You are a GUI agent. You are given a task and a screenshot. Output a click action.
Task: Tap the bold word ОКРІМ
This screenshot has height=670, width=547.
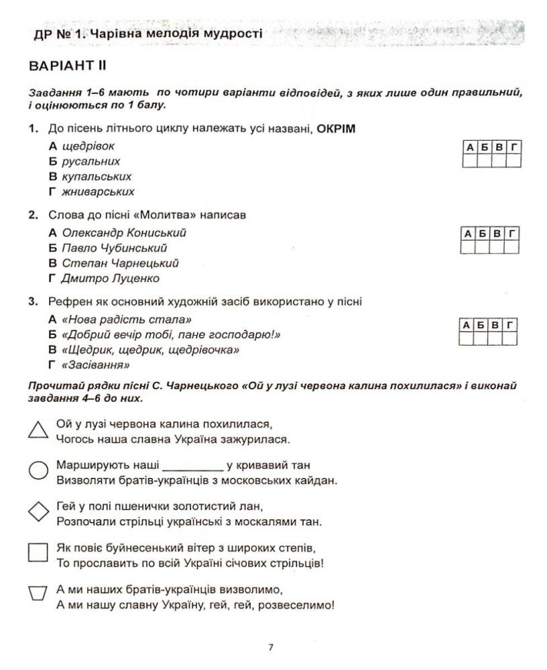tap(337, 129)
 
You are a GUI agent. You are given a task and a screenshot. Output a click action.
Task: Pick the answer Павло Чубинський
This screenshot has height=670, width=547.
tap(114, 249)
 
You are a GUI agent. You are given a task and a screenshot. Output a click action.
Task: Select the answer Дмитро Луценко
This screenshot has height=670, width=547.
tap(111, 279)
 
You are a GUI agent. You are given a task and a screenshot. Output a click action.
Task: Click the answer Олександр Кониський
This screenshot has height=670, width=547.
tap(123, 233)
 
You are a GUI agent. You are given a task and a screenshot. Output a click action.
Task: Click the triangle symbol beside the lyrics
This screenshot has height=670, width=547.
tap(38, 430)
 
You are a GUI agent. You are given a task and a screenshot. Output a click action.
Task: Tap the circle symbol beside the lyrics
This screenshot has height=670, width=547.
tap(38, 471)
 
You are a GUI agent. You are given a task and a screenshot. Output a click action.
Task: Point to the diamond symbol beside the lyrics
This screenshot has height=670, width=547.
tap(38, 513)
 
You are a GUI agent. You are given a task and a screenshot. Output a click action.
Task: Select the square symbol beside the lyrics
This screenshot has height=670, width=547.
tap(38, 552)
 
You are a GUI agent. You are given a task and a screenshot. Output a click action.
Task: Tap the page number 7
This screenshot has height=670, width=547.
tap(271, 647)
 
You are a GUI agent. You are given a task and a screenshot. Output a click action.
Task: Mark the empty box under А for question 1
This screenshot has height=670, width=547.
tap(470, 161)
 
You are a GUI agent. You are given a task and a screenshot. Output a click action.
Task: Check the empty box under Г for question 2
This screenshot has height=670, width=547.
tap(513, 248)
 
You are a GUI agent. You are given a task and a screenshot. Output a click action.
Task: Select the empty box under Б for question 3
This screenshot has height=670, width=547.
tap(483, 339)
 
